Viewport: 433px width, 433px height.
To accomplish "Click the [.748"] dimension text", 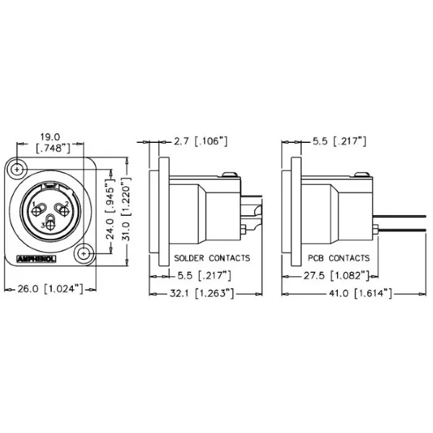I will (x=52, y=148).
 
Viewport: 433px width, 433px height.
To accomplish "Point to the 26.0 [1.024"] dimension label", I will (x=49, y=289).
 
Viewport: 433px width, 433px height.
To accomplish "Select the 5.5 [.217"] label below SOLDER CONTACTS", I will (x=204, y=275).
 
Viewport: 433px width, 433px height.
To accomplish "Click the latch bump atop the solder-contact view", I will (x=229, y=173).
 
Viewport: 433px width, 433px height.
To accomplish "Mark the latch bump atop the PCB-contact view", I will (x=362, y=173).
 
